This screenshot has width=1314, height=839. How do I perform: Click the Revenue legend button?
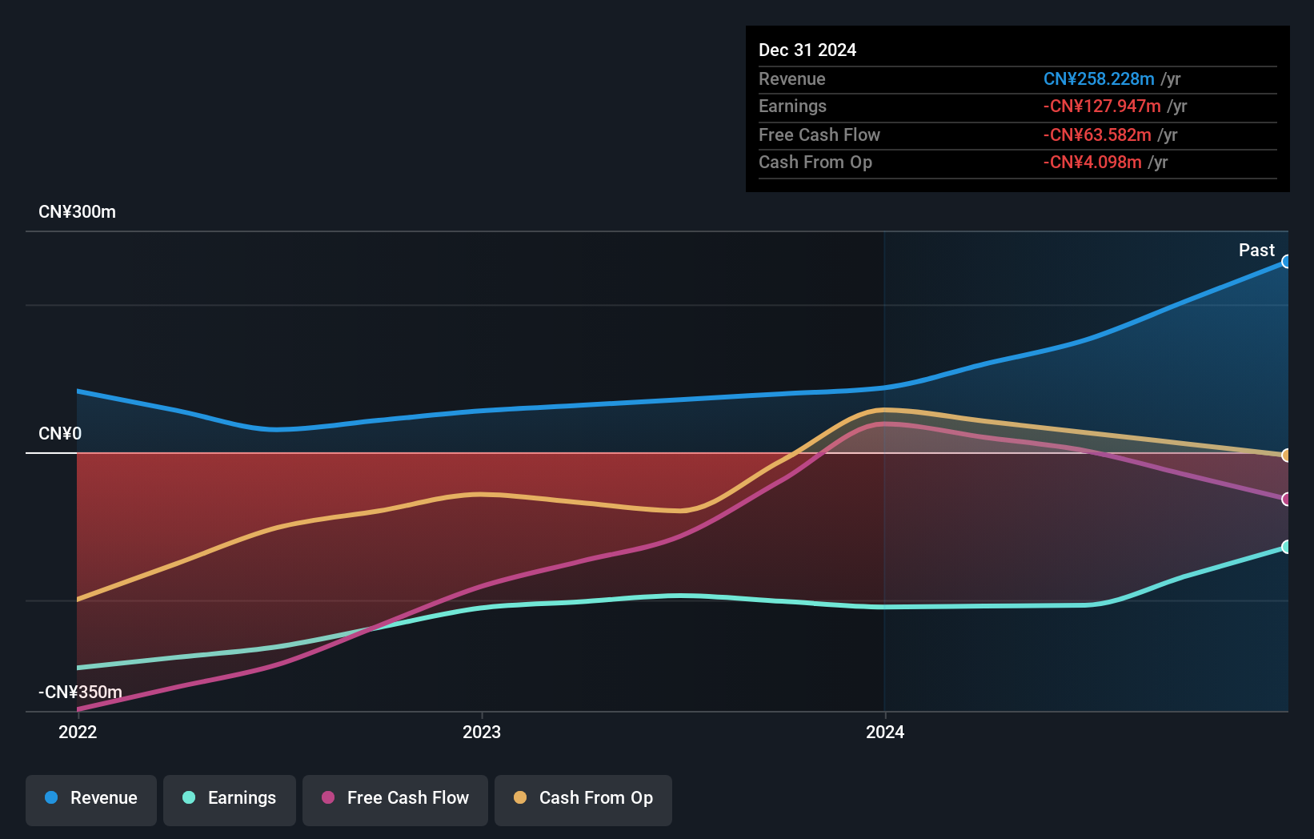click(91, 798)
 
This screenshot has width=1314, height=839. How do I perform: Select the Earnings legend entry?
click(230, 798)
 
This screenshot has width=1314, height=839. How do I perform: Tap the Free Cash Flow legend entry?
click(395, 798)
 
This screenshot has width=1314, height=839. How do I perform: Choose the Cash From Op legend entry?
click(583, 798)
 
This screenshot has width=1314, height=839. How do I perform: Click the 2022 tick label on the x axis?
click(78, 732)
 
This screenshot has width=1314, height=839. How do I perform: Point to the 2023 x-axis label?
click(482, 732)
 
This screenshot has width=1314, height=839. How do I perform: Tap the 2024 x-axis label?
click(885, 732)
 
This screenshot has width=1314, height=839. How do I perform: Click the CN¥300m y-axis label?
click(77, 212)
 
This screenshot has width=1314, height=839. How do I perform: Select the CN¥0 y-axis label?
click(60, 434)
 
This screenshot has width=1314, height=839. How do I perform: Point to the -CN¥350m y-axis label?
click(80, 692)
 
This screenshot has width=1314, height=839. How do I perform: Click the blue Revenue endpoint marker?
click(1286, 262)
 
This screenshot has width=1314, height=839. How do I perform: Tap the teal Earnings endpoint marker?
click(1286, 547)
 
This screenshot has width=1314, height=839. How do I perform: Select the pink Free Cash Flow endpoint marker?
click(1286, 499)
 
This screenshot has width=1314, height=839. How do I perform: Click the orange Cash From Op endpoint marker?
click(1286, 456)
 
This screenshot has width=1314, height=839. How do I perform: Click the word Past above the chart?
click(1256, 251)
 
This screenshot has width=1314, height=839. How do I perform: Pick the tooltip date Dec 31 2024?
click(807, 50)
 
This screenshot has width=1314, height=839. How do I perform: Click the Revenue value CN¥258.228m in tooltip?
click(1098, 79)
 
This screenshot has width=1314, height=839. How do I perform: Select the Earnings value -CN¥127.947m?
click(1101, 106)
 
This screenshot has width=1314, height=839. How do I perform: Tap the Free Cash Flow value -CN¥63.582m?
click(1096, 135)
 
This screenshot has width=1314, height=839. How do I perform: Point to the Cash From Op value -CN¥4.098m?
click(1092, 163)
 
